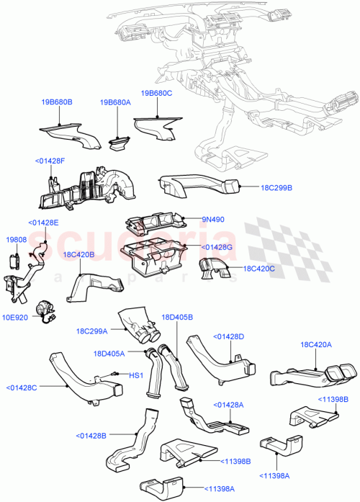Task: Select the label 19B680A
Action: [116, 103]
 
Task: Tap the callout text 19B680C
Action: [156, 94]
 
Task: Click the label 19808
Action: [16, 238]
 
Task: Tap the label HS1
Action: [134, 375]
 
